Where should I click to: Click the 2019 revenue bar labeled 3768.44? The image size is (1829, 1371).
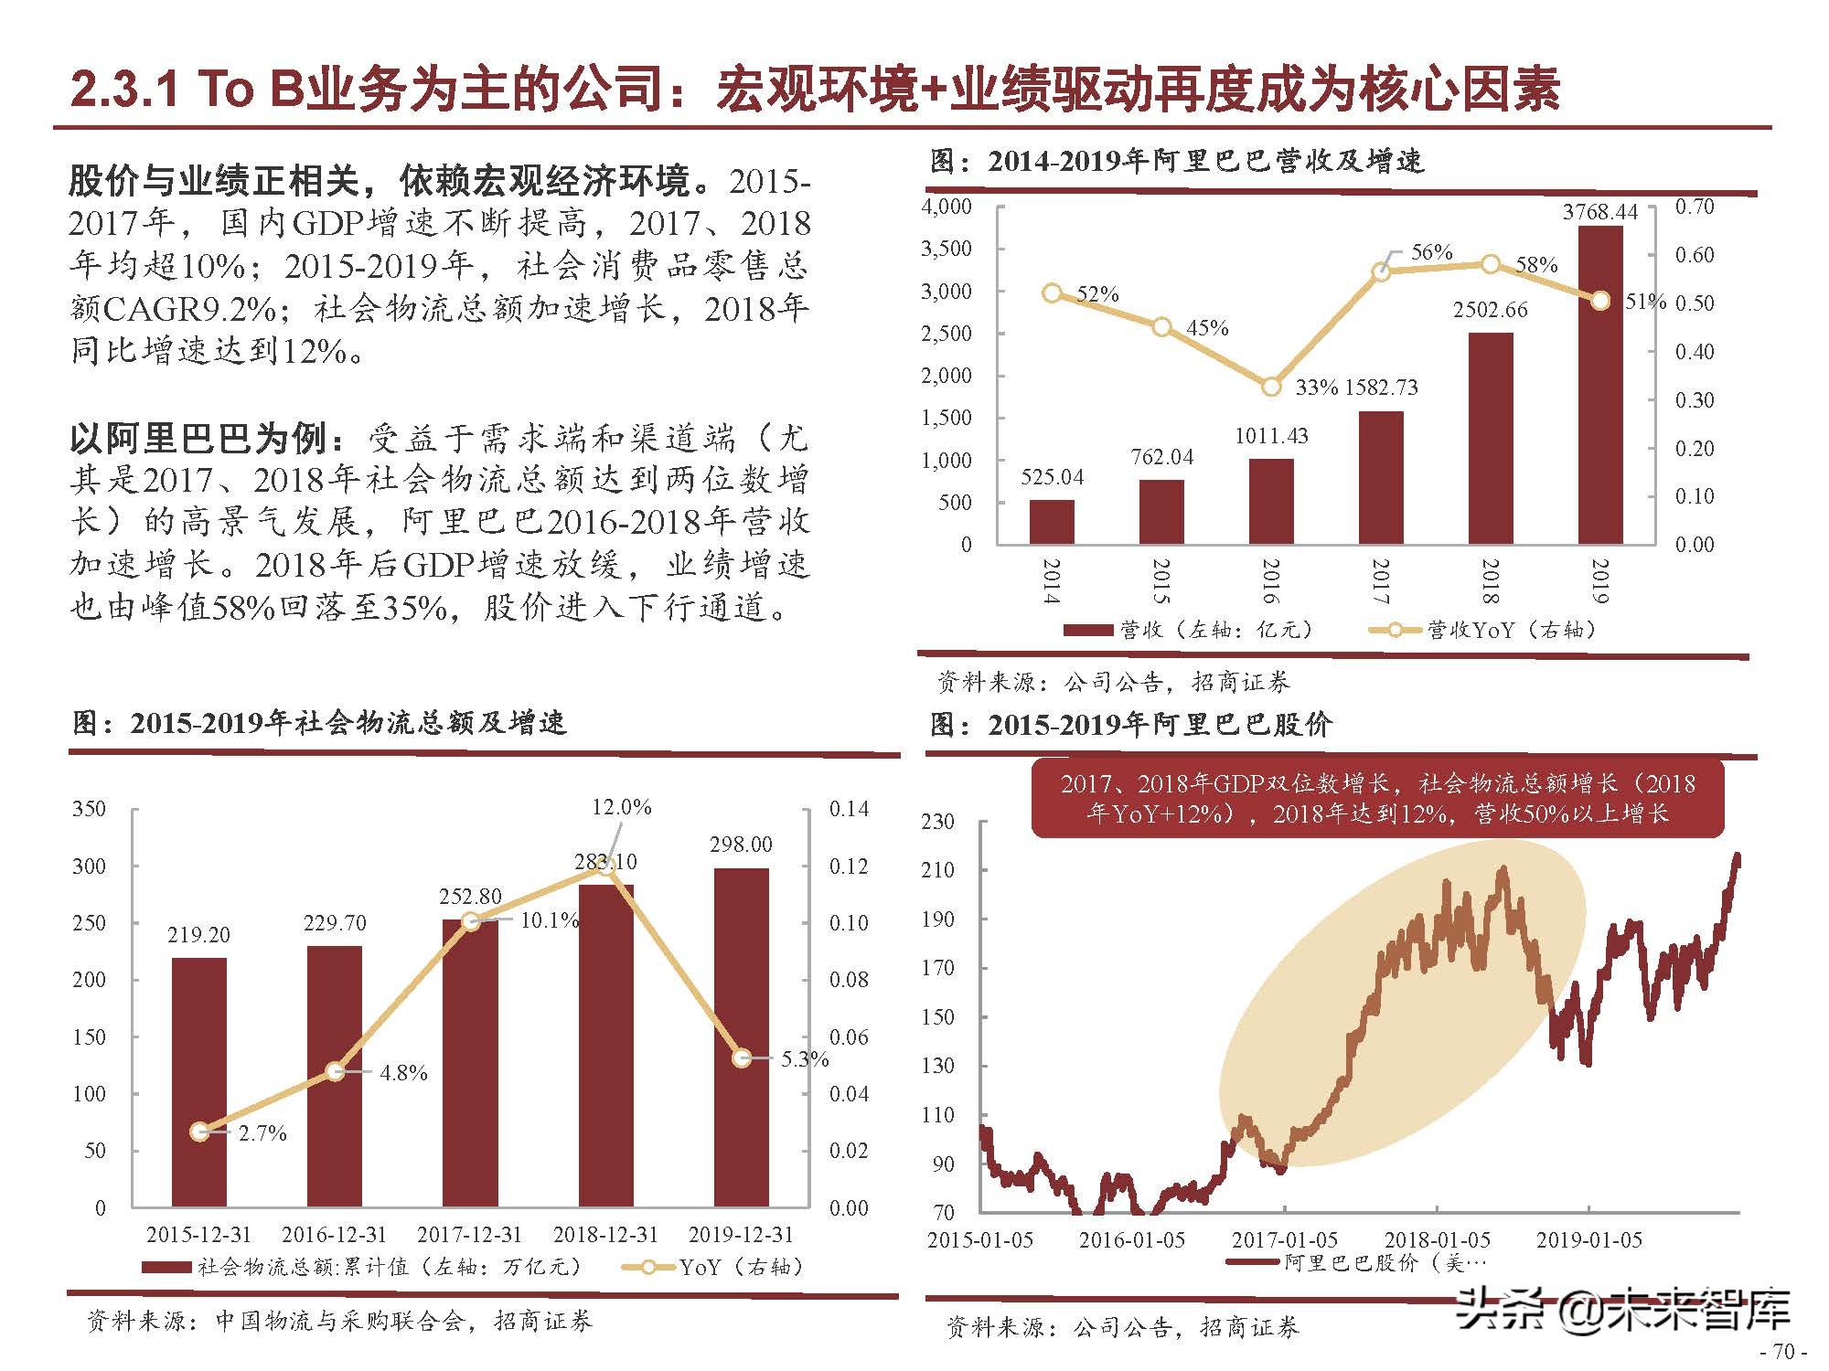[x=1600, y=384]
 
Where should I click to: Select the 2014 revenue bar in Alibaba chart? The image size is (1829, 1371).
[x=1052, y=522]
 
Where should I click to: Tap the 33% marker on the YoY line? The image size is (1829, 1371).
[x=1271, y=387]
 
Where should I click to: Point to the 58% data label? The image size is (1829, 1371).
[x=1536, y=265]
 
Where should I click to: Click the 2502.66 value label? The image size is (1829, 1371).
[x=1491, y=310]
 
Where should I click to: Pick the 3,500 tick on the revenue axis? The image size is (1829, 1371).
[x=947, y=249]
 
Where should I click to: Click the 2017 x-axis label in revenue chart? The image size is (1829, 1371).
[x=1381, y=581]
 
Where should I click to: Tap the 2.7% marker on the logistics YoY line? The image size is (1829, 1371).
[x=200, y=1132]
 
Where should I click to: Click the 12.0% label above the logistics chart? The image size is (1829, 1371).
[x=622, y=807]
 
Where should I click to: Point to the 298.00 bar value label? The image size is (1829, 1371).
[x=741, y=845]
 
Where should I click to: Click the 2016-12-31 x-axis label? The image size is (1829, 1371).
[x=334, y=1235]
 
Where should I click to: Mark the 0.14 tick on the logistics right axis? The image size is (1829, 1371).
[x=849, y=809]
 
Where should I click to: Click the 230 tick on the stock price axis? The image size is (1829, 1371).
[x=938, y=821]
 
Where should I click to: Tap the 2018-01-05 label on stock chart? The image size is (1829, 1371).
[x=1437, y=1240]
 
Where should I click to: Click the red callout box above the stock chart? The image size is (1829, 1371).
[x=1377, y=798]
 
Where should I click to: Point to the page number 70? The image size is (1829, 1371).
[x=1783, y=1352]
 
